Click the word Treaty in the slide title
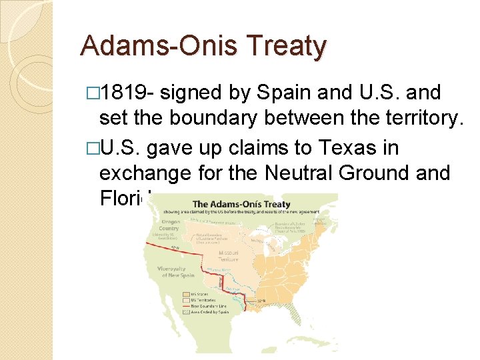tap(287, 47)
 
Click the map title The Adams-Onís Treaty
tap(241, 204)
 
